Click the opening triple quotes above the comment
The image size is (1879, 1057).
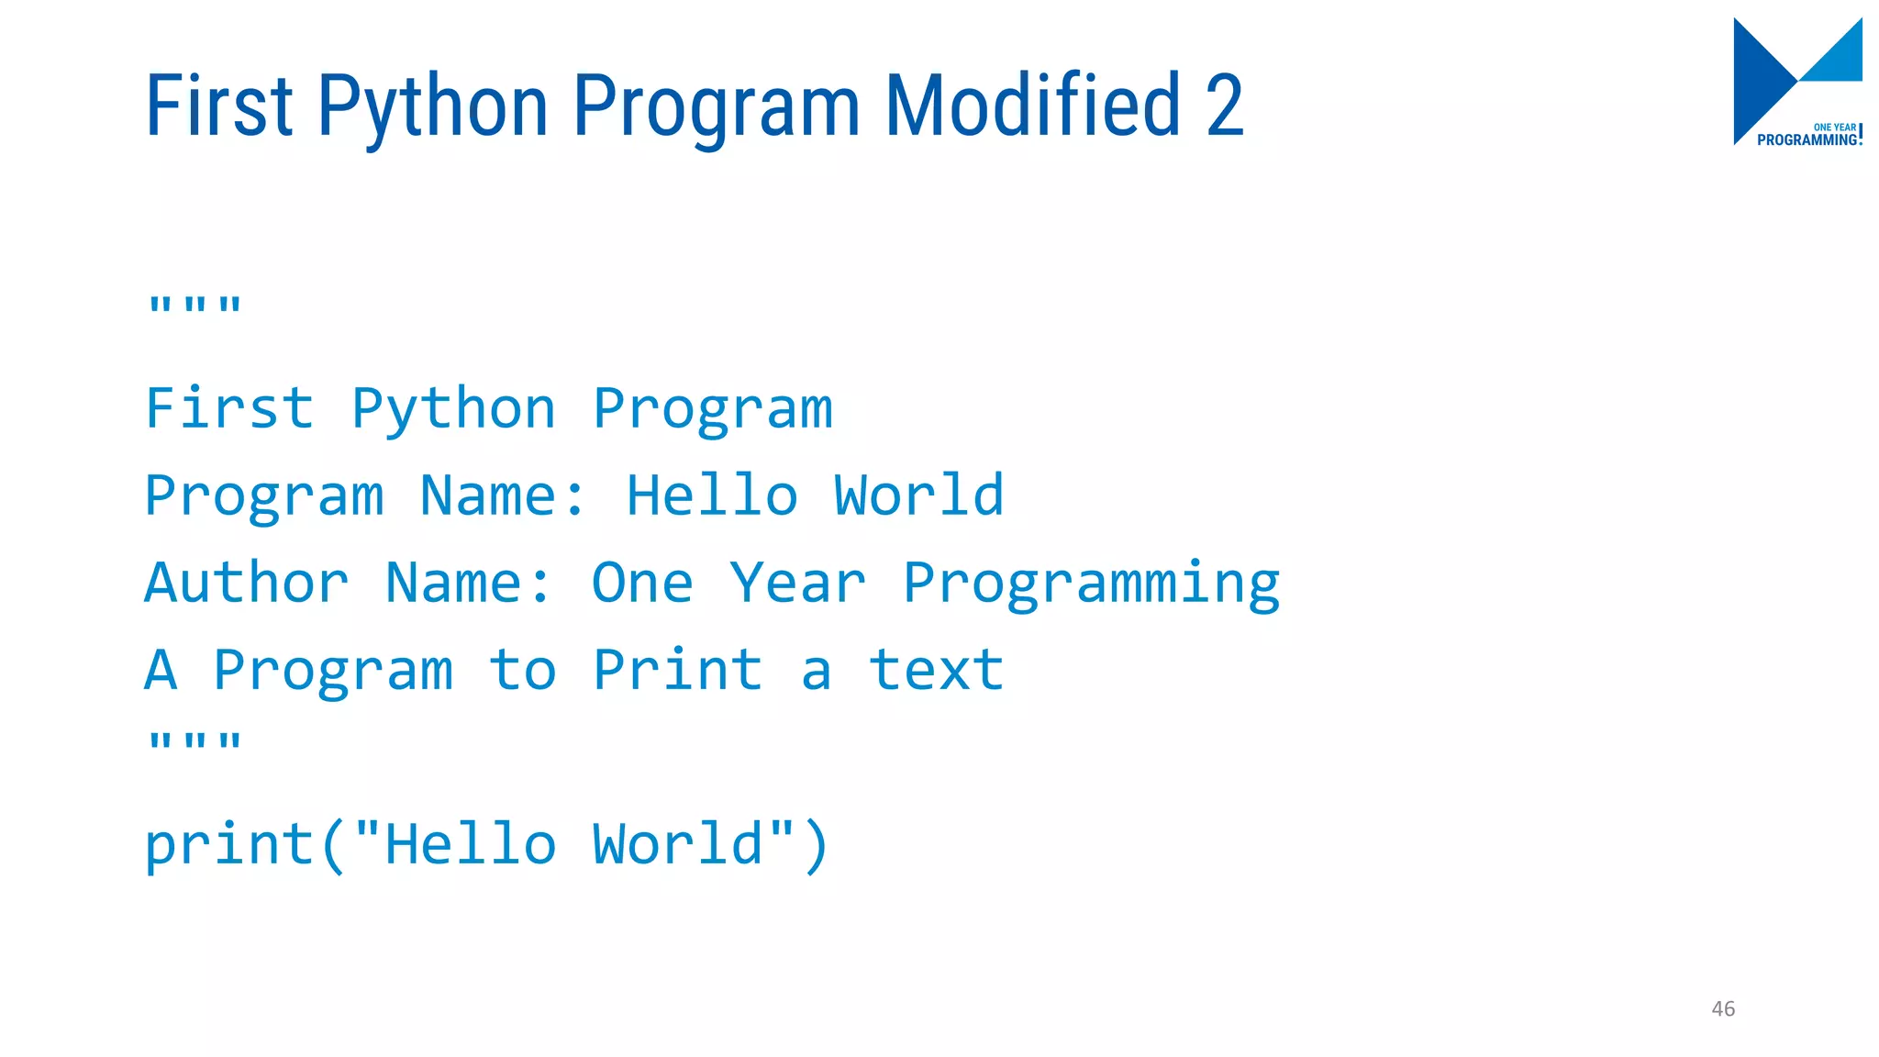(195, 306)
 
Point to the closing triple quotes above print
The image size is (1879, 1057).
(195, 741)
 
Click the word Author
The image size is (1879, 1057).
(247, 583)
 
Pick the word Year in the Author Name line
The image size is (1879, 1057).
(797, 583)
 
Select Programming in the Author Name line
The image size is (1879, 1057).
(1091, 584)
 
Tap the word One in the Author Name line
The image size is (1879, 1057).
(642, 583)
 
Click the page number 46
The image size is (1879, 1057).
(1723, 1008)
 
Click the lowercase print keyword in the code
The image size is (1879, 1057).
(229, 844)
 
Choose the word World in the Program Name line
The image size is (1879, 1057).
(918, 495)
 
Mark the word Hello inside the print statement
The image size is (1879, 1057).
(471, 844)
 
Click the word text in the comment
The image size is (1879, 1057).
(936, 670)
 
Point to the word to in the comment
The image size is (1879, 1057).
(522, 670)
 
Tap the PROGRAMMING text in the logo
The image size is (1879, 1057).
(1807, 140)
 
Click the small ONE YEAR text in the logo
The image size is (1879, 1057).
(1834, 128)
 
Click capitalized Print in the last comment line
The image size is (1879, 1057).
(677, 670)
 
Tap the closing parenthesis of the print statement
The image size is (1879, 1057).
(816, 846)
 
